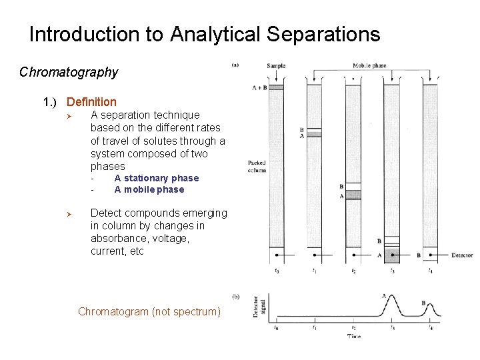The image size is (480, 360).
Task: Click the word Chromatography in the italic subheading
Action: [x=69, y=72]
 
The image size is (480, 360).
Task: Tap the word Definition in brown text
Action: [x=91, y=102]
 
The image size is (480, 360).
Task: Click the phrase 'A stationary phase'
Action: [x=156, y=178]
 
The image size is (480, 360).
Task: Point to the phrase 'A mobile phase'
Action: [x=149, y=189]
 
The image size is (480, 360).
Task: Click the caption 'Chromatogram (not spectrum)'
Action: [x=149, y=311]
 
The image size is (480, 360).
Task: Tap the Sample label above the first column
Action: [x=276, y=65]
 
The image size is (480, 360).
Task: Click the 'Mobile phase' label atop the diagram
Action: [x=369, y=65]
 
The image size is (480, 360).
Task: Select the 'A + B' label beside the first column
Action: [x=259, y=87]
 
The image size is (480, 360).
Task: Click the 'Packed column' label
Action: [x=257, y=166]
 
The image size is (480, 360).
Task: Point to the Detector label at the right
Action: [x=462, y=255]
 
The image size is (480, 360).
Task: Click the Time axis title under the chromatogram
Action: [x=354, y=336]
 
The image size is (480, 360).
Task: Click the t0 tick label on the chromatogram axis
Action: [x=277, y=327]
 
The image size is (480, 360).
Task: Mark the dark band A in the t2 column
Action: [x=353, y=195]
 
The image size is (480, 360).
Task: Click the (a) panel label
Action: [x=235, y=65]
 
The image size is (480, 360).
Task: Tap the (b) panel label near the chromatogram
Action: [x=235, y=295]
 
